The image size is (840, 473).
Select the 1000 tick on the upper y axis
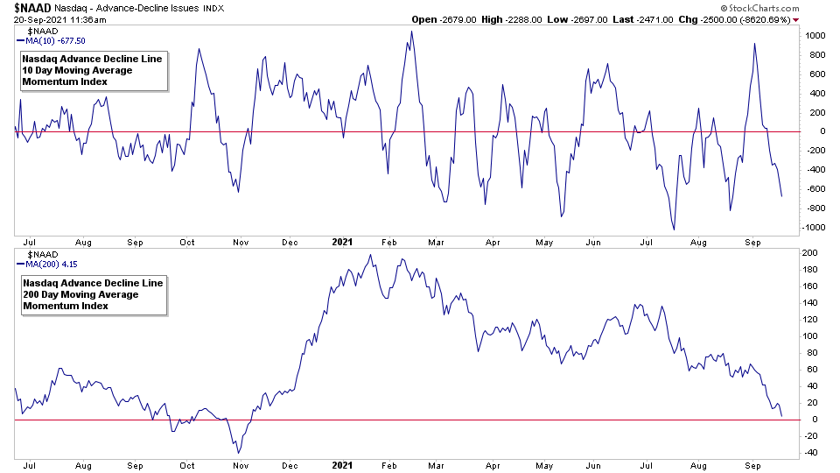(x=815, y=36)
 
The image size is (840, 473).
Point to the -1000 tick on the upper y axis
(x=814, y=228)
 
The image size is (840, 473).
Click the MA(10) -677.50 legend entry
(x=53, y=40)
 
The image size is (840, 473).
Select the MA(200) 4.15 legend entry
(x=49, y=264)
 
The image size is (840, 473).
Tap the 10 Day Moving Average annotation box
(x=92, y=70)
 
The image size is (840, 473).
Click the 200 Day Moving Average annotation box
(x=92, y=294)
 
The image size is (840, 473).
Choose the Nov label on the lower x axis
(x=238, y=466)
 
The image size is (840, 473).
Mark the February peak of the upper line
(x=411, y=32)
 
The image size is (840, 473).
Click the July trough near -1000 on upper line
(x=674, y=229)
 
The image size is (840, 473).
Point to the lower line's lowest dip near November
(x=240, y=452)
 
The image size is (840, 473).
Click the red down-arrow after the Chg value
(x=795, y=19)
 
